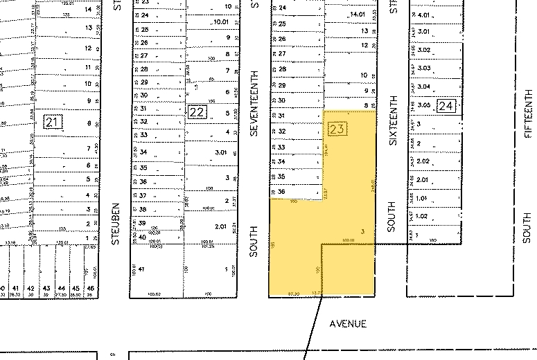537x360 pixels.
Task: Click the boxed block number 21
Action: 53,123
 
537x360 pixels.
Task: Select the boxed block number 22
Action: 197,111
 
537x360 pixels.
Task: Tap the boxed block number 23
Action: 337,129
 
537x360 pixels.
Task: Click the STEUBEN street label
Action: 117,224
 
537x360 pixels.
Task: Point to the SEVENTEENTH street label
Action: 254,102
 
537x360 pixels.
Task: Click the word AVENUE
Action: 348,323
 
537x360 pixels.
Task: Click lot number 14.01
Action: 358,14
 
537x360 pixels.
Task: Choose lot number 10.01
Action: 221,22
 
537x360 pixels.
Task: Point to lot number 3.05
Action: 425,105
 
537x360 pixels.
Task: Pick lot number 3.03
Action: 425,68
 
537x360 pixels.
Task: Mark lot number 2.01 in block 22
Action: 221,226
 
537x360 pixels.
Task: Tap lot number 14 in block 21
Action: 88,9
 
